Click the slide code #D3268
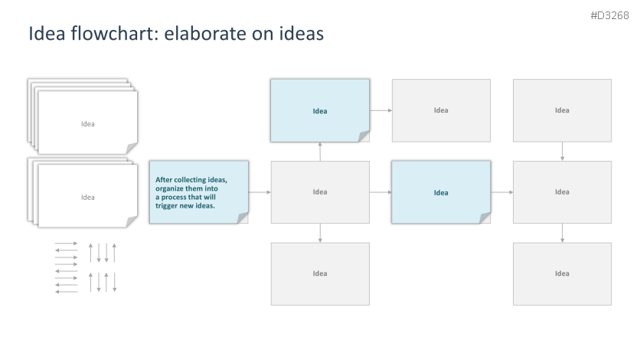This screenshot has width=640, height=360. click(x=609, y=16)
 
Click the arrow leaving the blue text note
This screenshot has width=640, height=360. click(x=260, y=191)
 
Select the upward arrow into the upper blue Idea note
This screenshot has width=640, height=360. click(x=320, y=152)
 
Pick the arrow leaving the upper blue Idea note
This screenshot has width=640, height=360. click(x=380, y=110)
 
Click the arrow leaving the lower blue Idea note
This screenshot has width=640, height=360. click(x=501, y=191)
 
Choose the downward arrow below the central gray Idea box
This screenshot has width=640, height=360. click(x=320, y=233)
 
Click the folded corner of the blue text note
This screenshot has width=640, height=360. click(x=243, y=218)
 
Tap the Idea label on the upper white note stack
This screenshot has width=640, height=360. click(x=88, y=123)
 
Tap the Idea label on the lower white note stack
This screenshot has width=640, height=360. click(x=88, y=197)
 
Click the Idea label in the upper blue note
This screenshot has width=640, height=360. click(x=320, y=111)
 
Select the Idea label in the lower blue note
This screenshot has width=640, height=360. click(x=441, y=192)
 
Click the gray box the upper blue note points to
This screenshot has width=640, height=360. click(x=441, y=110)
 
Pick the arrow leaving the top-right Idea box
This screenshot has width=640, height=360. click(x=563, y=152)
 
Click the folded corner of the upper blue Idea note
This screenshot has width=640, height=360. click(x=364, y=136)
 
